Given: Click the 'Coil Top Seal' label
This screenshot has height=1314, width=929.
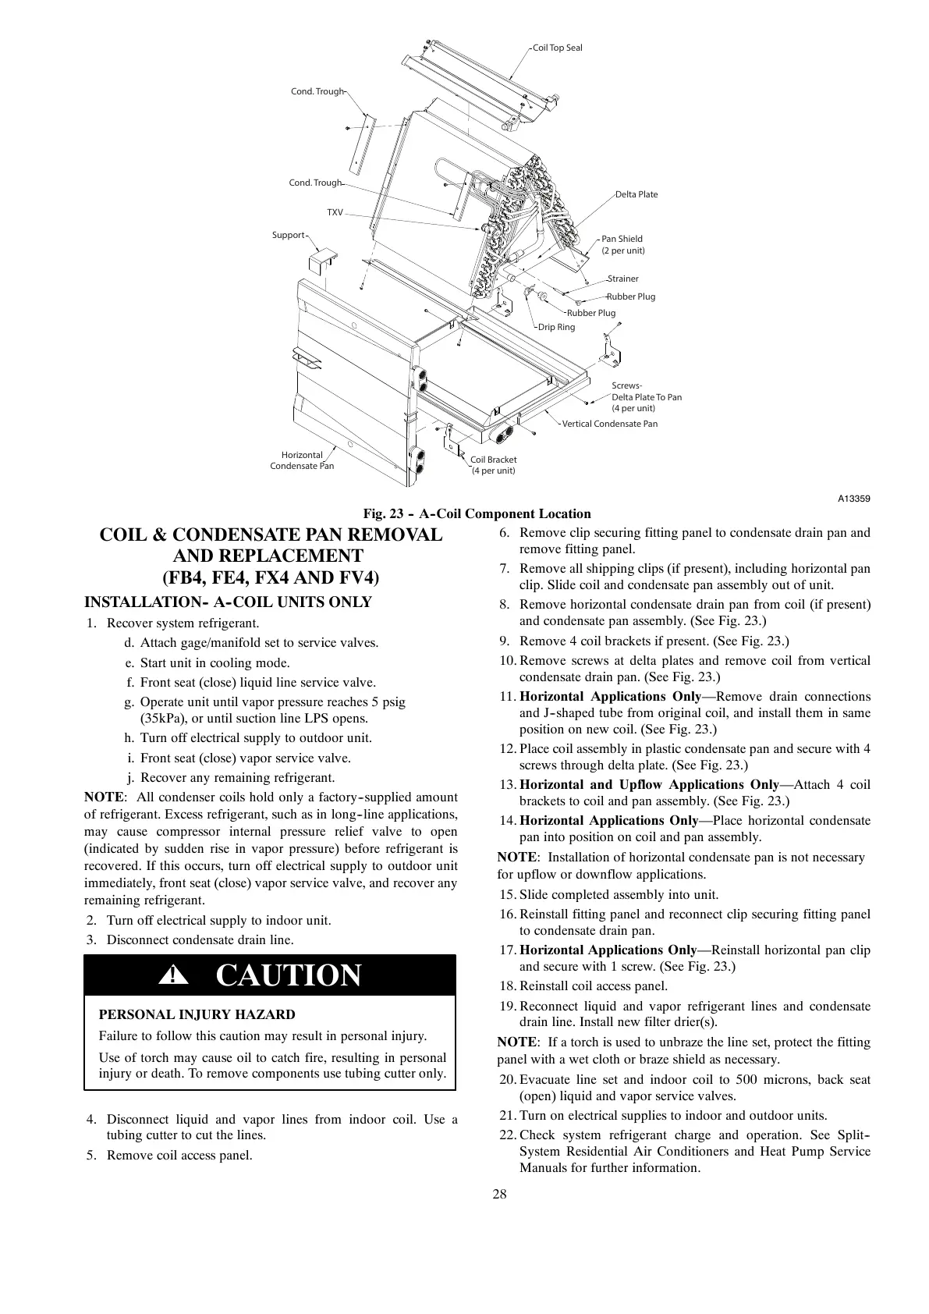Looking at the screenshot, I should [x=557, y=48].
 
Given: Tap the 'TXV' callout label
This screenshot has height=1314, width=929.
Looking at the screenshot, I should [x=335, y=212].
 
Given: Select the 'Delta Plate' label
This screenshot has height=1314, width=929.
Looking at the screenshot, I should [x=636, y=194].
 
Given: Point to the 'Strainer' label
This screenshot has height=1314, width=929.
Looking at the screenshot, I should [x=623, y=279].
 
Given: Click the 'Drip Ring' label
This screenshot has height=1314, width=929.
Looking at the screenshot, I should [x=557, y=327].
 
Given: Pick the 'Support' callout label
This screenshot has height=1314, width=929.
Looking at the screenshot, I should [x=288, y=235].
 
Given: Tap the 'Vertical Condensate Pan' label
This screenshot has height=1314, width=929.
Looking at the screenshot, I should [x=610, y=424].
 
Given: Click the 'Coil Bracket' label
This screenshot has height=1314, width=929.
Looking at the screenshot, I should [x=493, y=460].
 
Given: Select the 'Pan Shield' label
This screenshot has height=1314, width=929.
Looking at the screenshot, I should [x=622, y=239].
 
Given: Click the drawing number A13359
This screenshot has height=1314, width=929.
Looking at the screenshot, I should [x=854, y=499].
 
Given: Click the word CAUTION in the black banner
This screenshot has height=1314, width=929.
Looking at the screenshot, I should [x=288, y=975].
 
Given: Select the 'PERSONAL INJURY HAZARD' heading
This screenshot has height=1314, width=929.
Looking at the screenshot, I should [x=197, y=1014].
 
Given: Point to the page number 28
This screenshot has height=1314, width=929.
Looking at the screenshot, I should [x=500, y=1194].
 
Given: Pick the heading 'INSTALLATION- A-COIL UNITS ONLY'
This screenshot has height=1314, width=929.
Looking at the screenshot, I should [x=228, y=602].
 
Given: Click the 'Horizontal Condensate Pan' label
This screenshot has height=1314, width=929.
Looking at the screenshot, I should [x=302, y=460].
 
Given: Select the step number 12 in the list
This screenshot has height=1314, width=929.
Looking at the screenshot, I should [x=507, y=749].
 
